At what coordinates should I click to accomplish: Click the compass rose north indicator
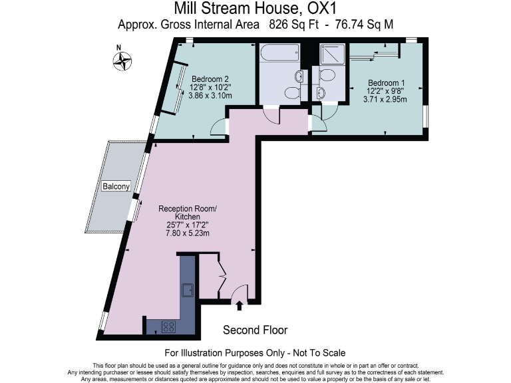[x=122, y=61]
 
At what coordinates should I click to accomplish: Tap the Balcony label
[x=116, y=187]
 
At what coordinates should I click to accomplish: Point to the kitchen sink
[x=188, y=290]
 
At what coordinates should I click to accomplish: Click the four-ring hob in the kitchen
[x=169, y=326]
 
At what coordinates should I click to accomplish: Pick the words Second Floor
[x=255, y=330]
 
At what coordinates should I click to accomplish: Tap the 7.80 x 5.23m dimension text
[x=188, y=233]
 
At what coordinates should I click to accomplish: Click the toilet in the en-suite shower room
[x=327, y=90]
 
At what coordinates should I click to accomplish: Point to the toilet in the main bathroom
[x=291, y=91]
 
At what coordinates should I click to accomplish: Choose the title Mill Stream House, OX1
[x=255, y=9]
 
